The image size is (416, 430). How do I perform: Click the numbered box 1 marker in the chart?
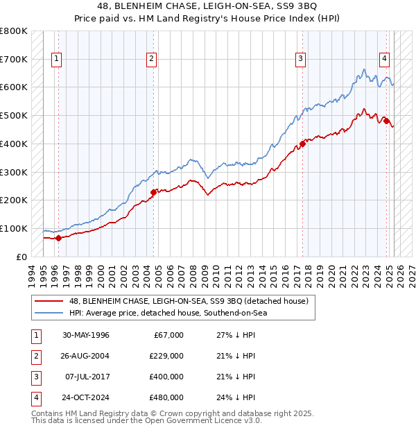click(56, 59)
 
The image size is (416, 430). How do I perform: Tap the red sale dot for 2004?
click(154, 192)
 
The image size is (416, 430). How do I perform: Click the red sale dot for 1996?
click(58, 238)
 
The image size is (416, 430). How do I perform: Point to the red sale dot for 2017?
click(302, 144)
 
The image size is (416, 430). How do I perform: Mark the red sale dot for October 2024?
click(386, 121)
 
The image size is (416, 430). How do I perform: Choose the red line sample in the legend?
click(50, 300)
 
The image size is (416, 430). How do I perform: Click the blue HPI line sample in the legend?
click(50, 313)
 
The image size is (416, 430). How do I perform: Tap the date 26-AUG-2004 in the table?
click(86, 356)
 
